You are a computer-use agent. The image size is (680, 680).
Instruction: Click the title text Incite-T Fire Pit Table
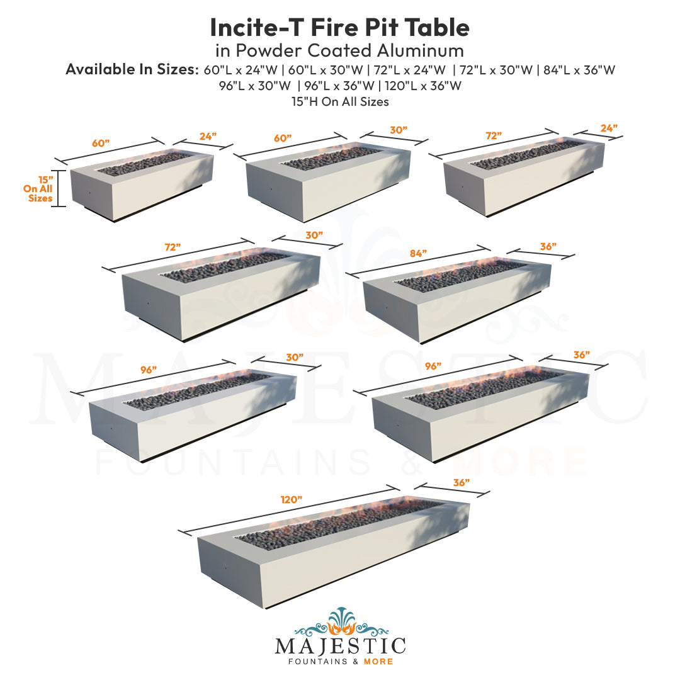[339, 27]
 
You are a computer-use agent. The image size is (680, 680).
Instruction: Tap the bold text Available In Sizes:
[131, 70]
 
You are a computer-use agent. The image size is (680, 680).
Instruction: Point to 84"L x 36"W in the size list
[579, 70]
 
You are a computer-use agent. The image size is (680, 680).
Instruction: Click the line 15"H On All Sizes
[340, 101]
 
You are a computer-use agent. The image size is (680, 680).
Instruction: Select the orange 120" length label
[291, 499]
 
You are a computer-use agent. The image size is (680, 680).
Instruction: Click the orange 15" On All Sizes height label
[38, 188]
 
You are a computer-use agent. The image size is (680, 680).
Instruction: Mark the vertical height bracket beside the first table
[58, 188]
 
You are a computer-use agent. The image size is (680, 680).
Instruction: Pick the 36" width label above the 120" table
[461, 482]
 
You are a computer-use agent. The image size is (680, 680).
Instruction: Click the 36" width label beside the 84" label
[548, 247]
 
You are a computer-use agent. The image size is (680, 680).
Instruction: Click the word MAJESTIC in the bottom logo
[340, 647]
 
